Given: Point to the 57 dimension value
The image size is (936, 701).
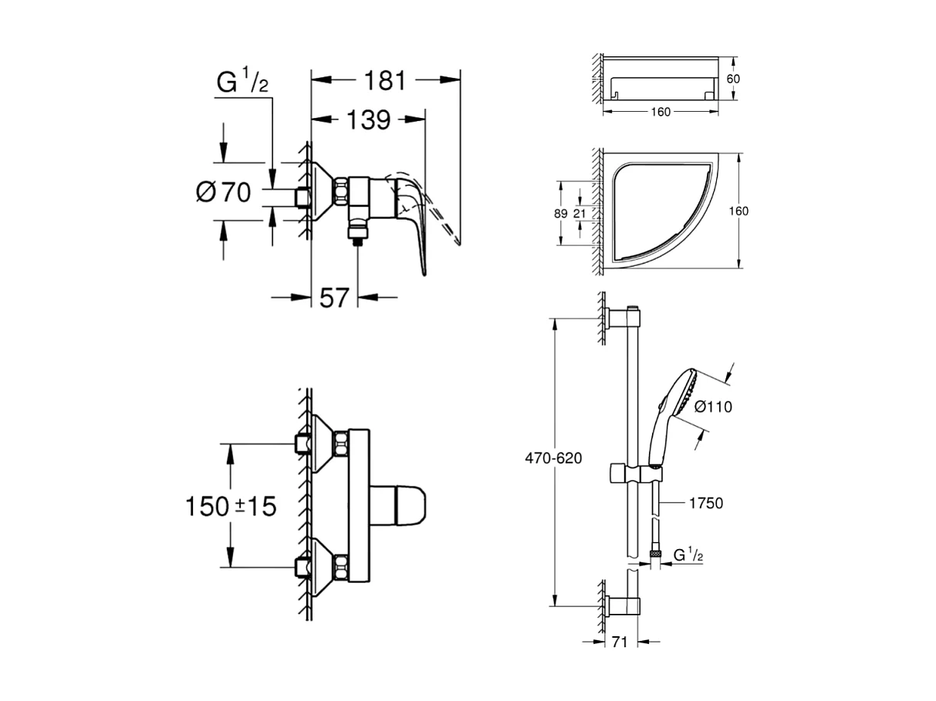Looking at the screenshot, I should click(334, 297).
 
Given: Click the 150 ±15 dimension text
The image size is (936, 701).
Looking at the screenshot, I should click(230, 506).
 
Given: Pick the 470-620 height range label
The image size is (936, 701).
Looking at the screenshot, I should click(553, 457).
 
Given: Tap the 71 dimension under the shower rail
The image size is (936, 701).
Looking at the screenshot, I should click(617, 641).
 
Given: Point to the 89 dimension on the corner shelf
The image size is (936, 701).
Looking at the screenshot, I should click(562, 213).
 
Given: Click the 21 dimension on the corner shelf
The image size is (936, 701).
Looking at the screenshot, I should click(579, 214).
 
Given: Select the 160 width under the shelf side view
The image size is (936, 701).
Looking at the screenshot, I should click(661, 112).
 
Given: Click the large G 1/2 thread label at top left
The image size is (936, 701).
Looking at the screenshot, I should click(242, 82).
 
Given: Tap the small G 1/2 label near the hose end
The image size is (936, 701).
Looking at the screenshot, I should click(688, 554).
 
